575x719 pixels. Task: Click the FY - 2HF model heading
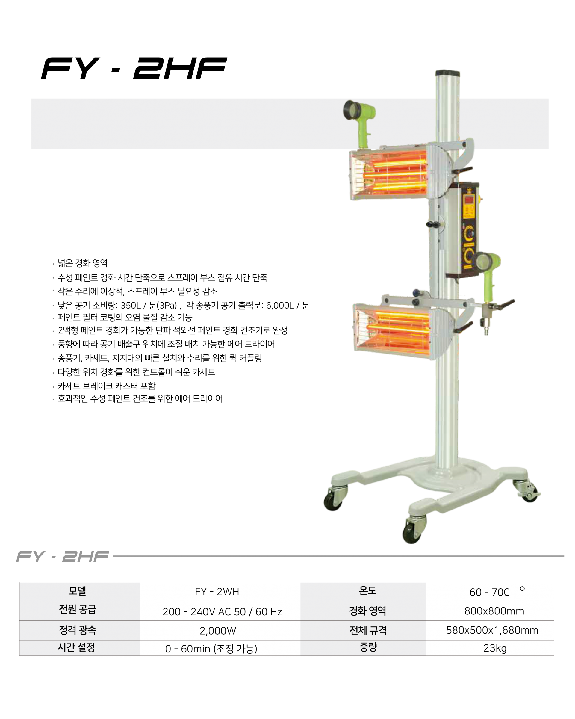click(x=63, y=556)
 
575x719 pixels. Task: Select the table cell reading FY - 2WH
click(x=217, y=592)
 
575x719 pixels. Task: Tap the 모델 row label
click(x=77, y=591)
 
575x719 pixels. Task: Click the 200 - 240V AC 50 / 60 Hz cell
click(x=222, y=612)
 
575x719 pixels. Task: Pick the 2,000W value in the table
click(x=218, y=631)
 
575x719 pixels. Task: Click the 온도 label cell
click(x=368, y=591)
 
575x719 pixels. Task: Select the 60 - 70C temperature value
click(x=490, y=592)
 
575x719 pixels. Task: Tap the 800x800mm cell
click(x=494, y=611)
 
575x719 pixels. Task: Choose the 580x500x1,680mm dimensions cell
click(x=492, y=630)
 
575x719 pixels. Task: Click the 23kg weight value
click(x=495, y=648)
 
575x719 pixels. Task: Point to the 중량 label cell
click(x=368, y=647)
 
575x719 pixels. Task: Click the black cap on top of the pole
click(x=448, y=73)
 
